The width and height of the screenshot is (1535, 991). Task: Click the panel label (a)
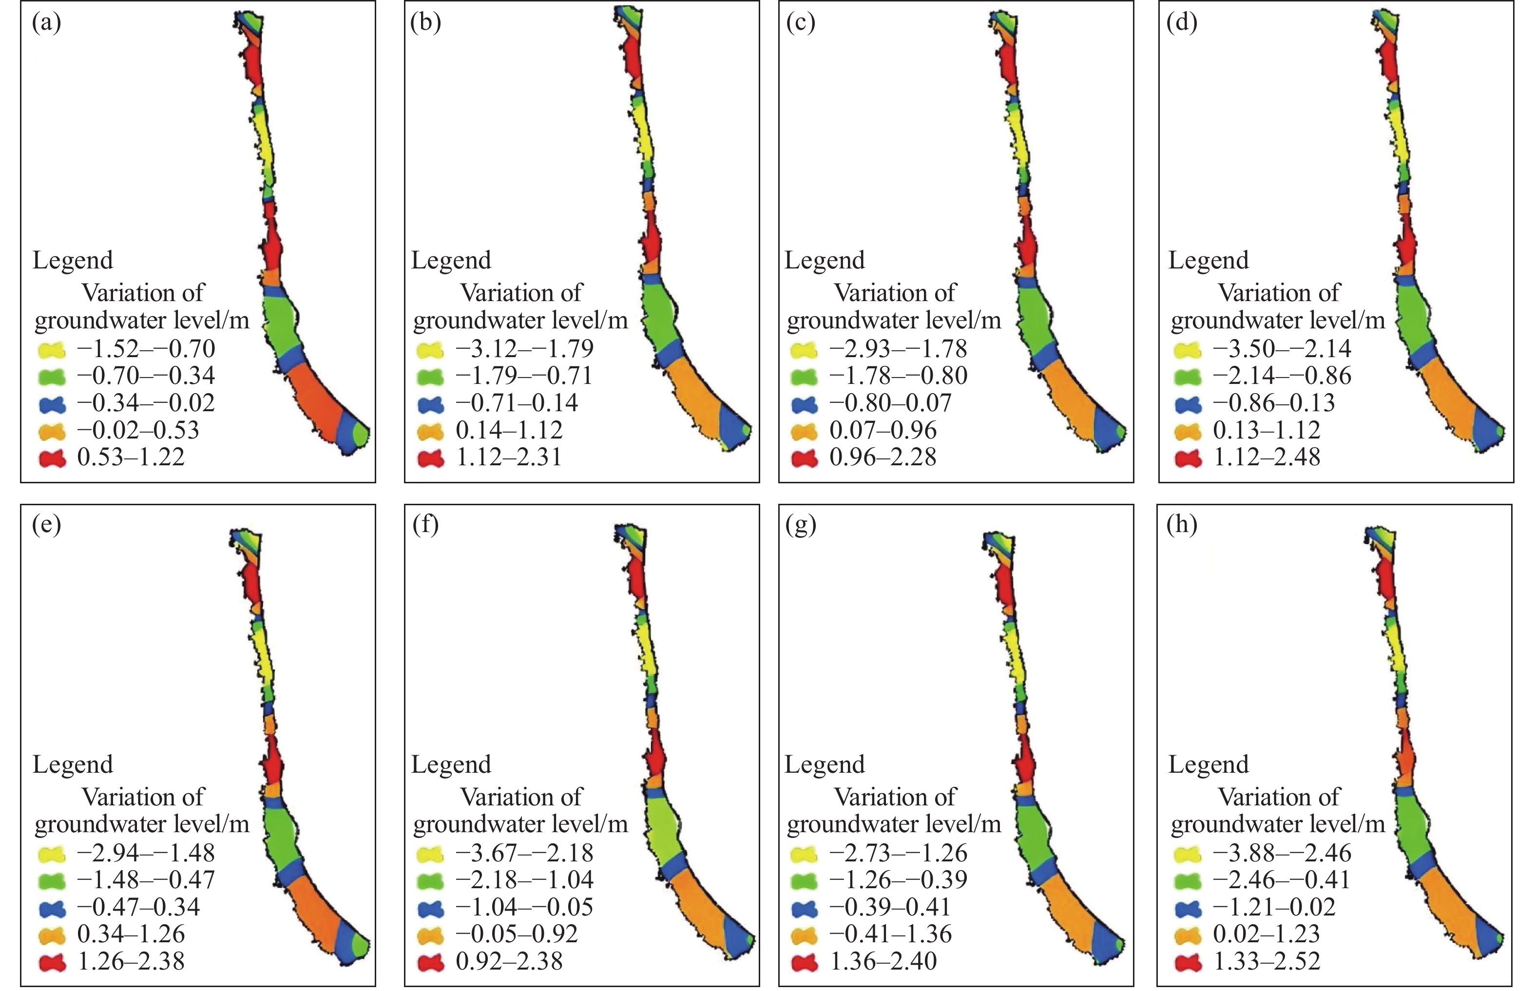(x=46, y=23)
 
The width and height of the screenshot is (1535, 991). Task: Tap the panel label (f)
(x=425, y=525)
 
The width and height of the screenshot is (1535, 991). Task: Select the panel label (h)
(x=1182, y=525)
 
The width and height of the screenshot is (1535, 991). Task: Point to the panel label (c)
(x=801, y=23)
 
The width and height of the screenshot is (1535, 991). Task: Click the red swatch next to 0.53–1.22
(x=52, y=458)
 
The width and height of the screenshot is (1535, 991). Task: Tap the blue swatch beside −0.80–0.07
(x=804, y=404)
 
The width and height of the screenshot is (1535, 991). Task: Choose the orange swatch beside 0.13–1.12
(x=1188, y=431)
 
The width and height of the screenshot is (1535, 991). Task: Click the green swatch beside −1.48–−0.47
(x=52, y=881)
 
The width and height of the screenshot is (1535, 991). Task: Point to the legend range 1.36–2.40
(x=883, y=961)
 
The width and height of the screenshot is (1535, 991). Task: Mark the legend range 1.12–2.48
(x=1266, y=457)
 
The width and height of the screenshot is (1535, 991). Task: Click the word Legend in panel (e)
(x=73, y=764)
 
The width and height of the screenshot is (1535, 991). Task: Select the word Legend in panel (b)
(x=451, y=261)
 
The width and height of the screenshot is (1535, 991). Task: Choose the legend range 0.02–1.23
(x=1266, y=934)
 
